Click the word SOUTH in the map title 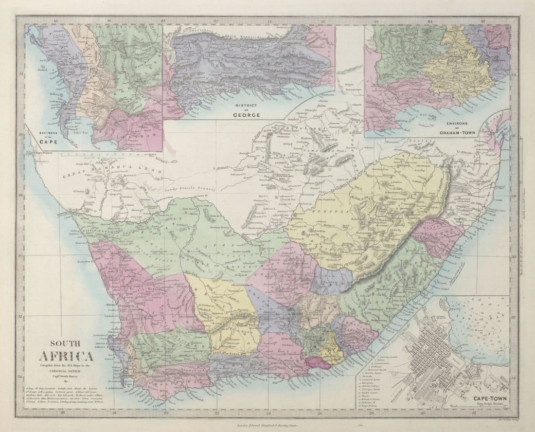tap(65, 343)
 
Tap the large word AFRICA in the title tap(66, 356)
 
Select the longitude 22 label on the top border tap(215, 21)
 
